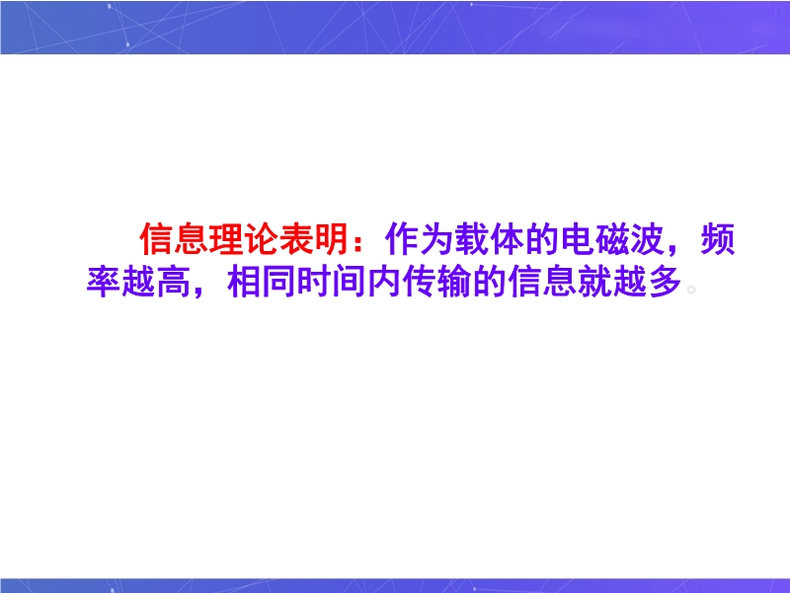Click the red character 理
[x=227, y=239]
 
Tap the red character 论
[x=262, y=239]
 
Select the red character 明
[x=332, y=239]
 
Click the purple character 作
[x=403, y=239]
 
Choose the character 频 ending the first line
[x=718, y=239]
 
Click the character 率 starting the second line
[x=104, y=281]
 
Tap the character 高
[x=174, y=281]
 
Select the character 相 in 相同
[x=244, y=281]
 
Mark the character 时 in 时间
[x=314, y=281]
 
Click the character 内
[x=384, y=281]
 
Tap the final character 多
[x=665, y=281]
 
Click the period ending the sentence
[x=691, y=290]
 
